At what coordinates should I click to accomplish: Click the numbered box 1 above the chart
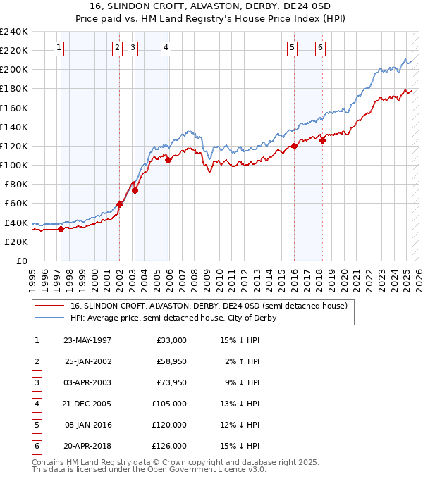58,48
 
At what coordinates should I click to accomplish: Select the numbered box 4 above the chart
166,48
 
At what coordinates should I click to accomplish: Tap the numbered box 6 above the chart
320,48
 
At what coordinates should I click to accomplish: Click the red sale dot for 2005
168,161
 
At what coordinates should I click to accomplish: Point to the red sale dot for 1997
61,229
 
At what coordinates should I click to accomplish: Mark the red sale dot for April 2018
322,140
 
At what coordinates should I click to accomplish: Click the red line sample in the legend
50,306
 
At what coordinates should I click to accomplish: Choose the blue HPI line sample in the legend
50,318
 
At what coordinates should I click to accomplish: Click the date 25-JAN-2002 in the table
87,361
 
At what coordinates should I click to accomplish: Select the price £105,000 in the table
169,404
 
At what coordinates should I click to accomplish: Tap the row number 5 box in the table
35,425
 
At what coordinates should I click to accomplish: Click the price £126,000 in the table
169,446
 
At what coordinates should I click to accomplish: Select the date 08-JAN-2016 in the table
87,425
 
